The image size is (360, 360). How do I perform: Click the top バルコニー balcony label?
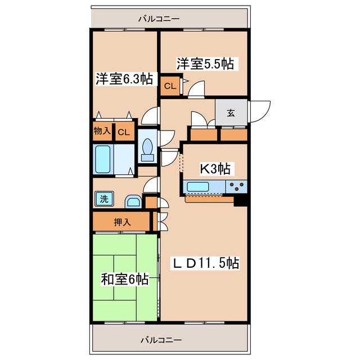[x=159, y=19]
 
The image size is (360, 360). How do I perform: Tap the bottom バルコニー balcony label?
[x=161, y=340]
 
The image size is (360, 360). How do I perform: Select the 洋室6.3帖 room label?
[x=124, y=79]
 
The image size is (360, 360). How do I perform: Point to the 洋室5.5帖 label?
[x=205, y=64]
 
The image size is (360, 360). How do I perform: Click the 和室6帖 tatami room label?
[x=124, y=279]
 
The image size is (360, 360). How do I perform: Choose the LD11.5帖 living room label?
[x=205, y=263]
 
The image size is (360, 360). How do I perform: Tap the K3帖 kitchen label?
[x=215, y=169]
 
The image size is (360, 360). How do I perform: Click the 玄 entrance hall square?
[x=231, y=112]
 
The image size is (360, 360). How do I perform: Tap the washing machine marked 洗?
[x=104, y=199]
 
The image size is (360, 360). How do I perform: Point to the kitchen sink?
[x=197, y=186]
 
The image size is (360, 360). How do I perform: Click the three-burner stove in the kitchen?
[x=236, y=186]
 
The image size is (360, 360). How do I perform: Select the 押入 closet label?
[x=123, y=222]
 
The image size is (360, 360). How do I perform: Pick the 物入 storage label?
[x=102, y=131]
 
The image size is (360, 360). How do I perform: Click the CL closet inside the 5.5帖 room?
[x=170, y=86]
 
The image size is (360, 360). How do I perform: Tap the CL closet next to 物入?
[x=124, y=132]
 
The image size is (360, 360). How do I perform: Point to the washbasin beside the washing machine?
[x=133, y=202]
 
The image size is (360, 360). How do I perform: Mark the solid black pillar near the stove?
[x=240, y=201]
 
